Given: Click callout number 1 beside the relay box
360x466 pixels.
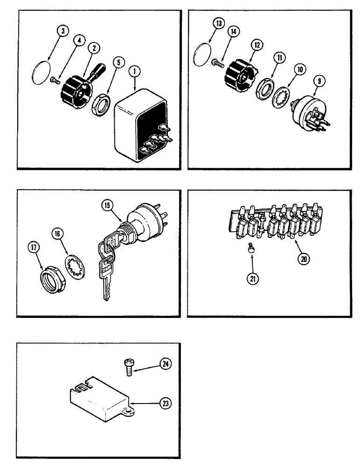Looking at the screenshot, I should point(135,72).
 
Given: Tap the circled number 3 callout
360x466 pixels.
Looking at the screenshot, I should point(63,31).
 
